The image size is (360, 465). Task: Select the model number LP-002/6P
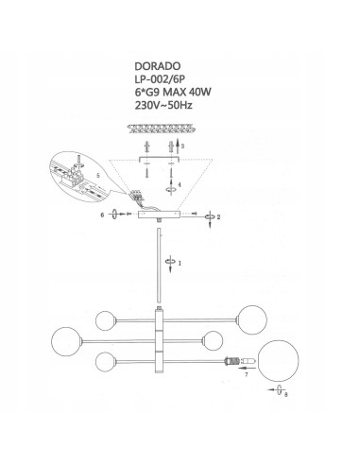(x=164, y=80)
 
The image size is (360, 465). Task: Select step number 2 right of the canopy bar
(x=218, y=217)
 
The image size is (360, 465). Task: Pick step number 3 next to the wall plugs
(x=182, y=146)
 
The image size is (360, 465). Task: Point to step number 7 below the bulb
(x=246, y=376)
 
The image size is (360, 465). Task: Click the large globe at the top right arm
(x=251, y=317)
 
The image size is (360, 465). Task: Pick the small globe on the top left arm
(x=109, y=317)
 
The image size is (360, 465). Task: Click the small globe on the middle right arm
(x=214, y=338)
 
